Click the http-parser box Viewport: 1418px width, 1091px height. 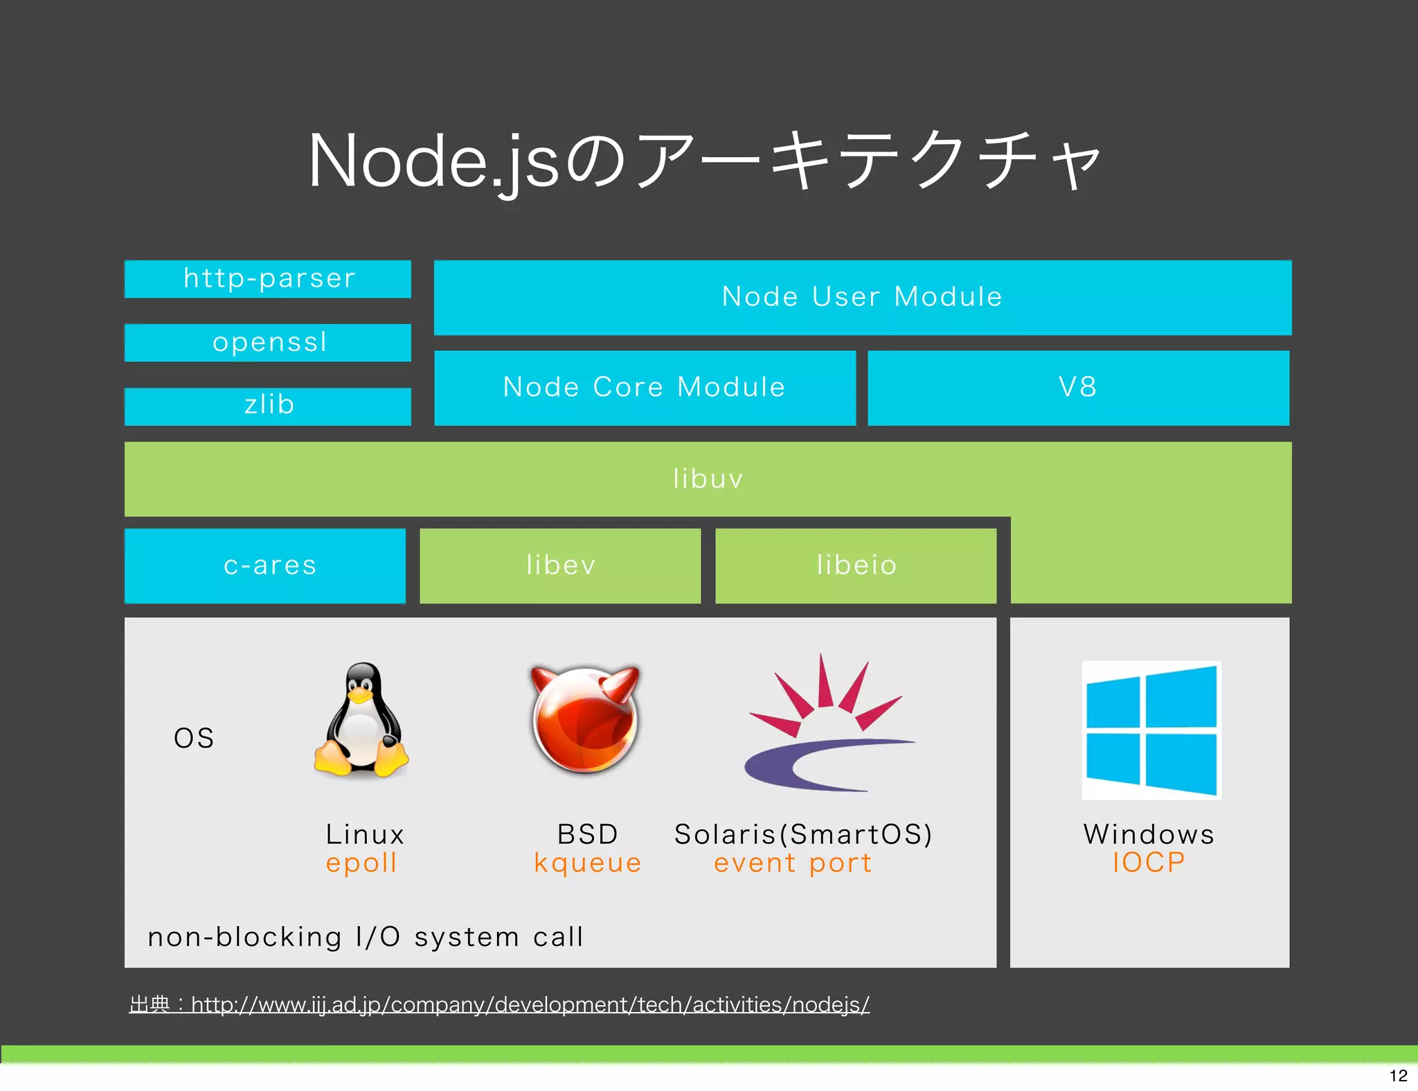point(268,279)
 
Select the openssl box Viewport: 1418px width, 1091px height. point(268,342)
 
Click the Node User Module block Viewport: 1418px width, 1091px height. point(862,297)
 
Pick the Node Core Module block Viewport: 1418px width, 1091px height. point(645,388)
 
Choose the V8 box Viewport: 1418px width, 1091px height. point(1078,388)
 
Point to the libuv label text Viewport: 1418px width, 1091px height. point(708,479)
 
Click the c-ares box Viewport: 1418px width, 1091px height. point(265,566)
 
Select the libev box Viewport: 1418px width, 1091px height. point(560,566)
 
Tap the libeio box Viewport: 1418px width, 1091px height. point(856,566)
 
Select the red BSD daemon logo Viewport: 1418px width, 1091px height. point(586,720)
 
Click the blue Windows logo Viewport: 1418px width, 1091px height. point(1151,730)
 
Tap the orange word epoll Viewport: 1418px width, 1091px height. point(361,863)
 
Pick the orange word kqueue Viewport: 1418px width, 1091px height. point(587,863)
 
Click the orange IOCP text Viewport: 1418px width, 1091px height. point(1149,863)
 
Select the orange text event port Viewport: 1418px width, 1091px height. point(793,863)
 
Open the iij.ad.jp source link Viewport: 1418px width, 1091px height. point(530,1004)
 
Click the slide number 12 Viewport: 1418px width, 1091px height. point(1398,1075)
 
